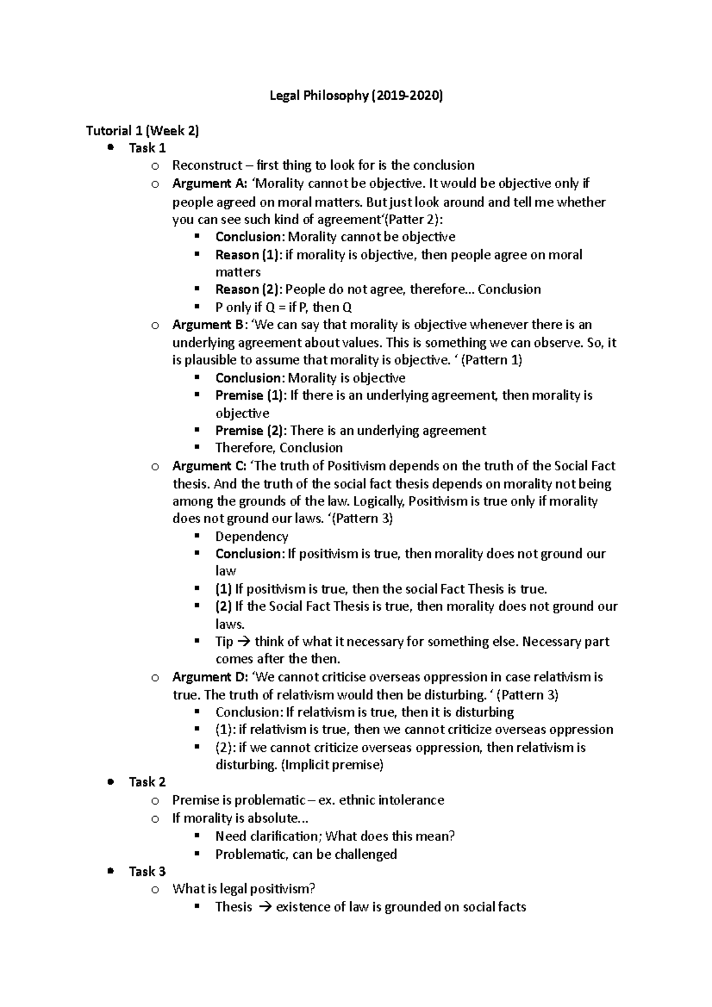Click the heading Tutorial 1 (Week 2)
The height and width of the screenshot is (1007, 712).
pyautogui.click(x=142, y=130)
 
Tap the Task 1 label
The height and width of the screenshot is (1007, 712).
pyautogui.click(x=147, y=148)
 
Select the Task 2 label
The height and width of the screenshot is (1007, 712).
pyautogui.click(x=147, y=782)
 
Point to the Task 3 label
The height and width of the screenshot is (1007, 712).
pyautogui.click(x=147, y=871)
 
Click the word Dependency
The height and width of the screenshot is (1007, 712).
pyautogui.click(x=252, y=536)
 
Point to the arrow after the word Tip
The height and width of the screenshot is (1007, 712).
pyautogui.click(x=243, y=642)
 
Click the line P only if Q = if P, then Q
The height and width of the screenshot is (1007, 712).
pyautogui.click(x=284, y=307)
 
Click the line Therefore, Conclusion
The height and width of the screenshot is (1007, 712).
pyautogui.click(x=279, y=448)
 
